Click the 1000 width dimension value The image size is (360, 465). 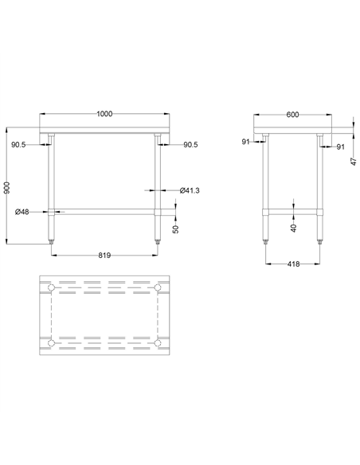(x=104, y=113)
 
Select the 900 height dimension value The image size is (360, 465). (x=7, y=188)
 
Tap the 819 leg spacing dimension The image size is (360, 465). (x=104, y=255)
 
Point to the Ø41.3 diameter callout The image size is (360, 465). (x=189, y=190)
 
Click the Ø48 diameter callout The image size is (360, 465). (x=22, y=211)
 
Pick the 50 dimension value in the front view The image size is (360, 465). (x=176, y=229)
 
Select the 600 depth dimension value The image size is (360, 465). (x=292, y=115)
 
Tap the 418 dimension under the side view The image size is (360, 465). (x=292, y=264)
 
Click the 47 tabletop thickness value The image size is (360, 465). (x=353, y=159)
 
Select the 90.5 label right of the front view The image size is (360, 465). (x=190, y=145)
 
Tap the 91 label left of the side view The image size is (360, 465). (x=245, y=142)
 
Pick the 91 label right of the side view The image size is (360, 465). (x=340, y=147)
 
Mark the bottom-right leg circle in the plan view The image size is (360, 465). (x=158, y=343)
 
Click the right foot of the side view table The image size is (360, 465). (x=321, y=239)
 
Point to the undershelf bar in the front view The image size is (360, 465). (x=104, y=211)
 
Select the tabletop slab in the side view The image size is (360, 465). (x=292, y=130)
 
